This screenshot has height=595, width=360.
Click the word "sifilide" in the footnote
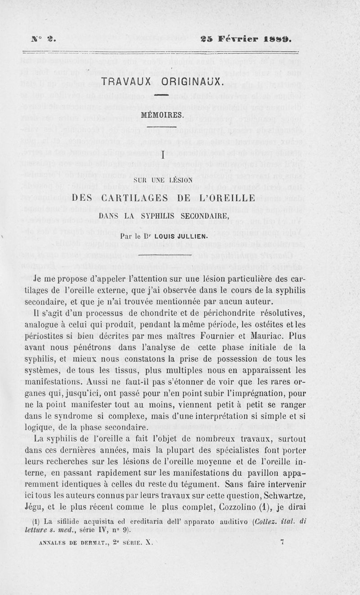click(x=73, y=522)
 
